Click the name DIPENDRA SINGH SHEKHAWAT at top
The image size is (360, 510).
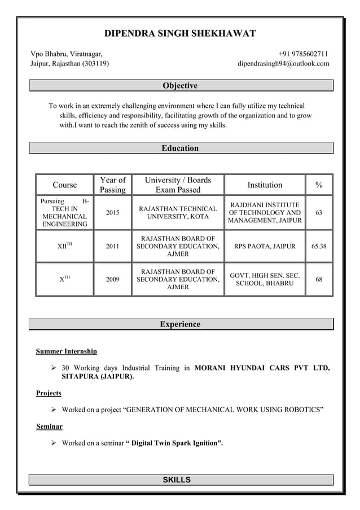(x=180, y=33)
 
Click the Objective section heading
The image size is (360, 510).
(x=180, y=86)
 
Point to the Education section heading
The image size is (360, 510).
(x=180, y=148)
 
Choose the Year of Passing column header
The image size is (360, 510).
(x=113, y=185)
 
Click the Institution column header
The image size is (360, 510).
(x=265, y=185)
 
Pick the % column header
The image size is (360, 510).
(x=319, y=185)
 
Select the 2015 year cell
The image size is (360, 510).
(x=113, y=213)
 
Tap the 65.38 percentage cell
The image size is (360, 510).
(x=319, y=246)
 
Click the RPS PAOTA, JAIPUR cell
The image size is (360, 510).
(x=265, y=246)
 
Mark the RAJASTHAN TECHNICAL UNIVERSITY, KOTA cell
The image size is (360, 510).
(x=178, y=213)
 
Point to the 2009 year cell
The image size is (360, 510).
(x=113, y=279)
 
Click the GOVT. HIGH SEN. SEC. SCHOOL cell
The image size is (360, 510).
(x=265, y=279)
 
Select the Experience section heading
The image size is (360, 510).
(x=180, y=324)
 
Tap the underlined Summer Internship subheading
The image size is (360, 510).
(x=67, y=351)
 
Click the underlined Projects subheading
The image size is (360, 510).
(x=49, y=393)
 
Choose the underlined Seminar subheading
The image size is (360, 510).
(x=49, y=426)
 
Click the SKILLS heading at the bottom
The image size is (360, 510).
(x=177, y=480)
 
